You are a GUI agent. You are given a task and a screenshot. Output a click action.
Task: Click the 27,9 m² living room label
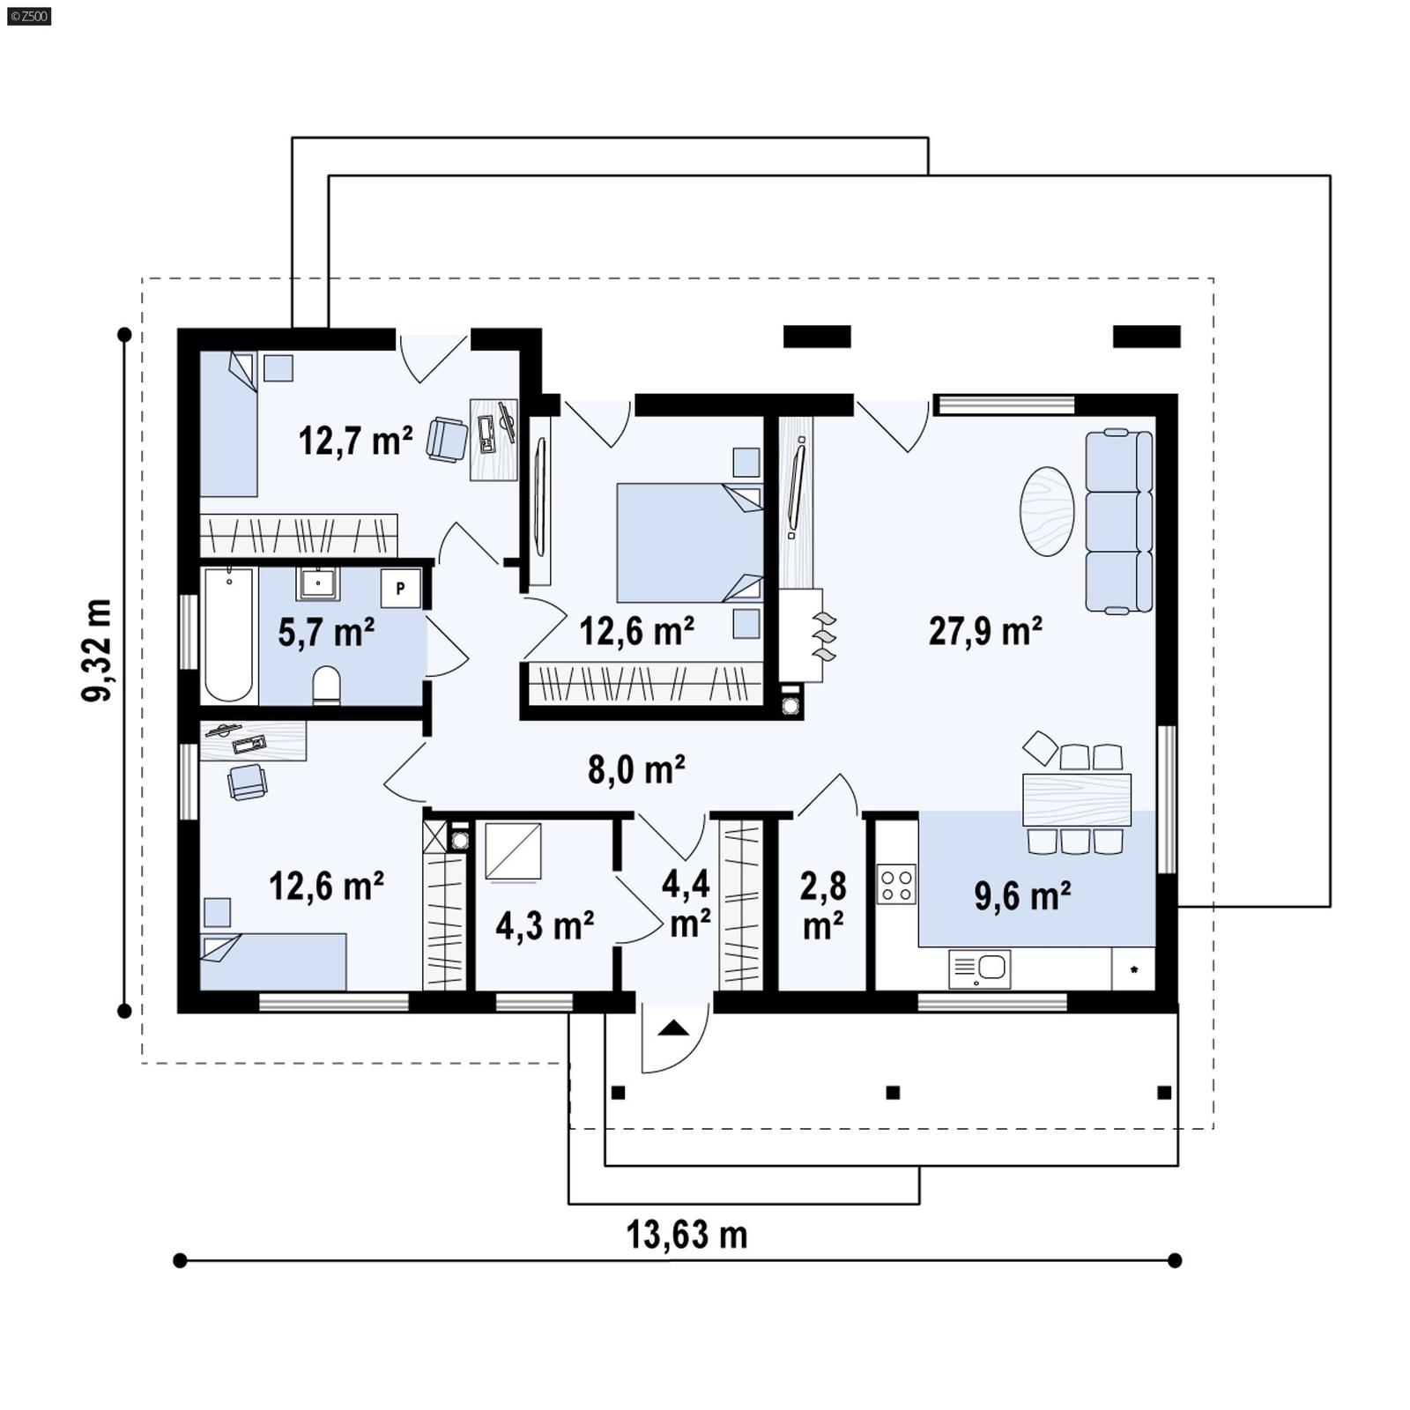(x=985, y=631)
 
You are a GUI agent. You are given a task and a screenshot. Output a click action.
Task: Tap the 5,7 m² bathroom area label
(x=326, y=632)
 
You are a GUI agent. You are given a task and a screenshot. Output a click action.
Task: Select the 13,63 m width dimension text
(x=686, y=1235)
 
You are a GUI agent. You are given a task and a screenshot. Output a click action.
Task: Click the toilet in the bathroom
(x=326, y=686)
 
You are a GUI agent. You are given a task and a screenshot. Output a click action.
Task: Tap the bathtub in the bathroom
(x=228, y=634)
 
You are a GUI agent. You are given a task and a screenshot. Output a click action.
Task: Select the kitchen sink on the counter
(x=980, y=968)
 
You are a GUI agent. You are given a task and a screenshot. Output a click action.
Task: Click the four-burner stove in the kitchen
(x=896, y=884)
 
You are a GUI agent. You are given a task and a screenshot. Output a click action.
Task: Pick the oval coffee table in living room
(x=1046, y=511)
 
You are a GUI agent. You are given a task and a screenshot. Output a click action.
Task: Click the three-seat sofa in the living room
(x=1118, y=522)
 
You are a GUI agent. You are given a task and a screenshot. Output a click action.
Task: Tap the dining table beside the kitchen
(x=1076, y=799)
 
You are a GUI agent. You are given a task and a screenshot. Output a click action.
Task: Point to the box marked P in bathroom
(x=401, y=588)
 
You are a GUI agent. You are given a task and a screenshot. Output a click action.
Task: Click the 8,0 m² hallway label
(x=636, y=769)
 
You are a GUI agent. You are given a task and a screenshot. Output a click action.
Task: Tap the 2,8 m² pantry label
(x=822, y=905)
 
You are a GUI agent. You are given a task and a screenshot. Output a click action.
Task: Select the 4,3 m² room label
(x=544, y=926)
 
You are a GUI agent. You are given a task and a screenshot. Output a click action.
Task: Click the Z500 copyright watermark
(x=28, y=15)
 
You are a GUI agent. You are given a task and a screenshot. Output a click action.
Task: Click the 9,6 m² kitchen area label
(x=1022, y=895)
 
